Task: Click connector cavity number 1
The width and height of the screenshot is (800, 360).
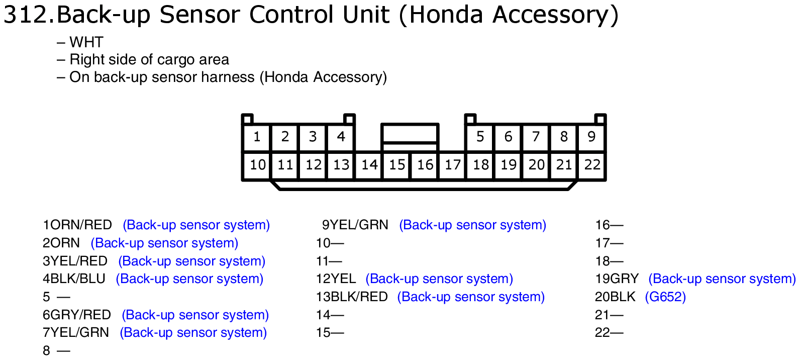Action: (256, 137)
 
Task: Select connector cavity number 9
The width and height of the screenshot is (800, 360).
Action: (591, 137)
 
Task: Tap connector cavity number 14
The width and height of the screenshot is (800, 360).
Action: (369, 165)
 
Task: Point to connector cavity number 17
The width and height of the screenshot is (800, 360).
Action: (452, 165)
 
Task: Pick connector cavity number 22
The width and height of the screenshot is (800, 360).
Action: (592, 165)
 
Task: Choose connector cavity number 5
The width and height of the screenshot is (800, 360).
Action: (480, 137)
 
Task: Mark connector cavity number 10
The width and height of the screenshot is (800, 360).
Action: (257, 165)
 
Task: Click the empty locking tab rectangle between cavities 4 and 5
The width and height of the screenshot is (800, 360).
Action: (410, 133)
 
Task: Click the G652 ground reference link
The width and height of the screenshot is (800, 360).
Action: (665, 297)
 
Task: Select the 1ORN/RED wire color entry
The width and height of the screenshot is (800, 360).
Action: (77, 225)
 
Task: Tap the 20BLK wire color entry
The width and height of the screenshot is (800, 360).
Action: (615, 297)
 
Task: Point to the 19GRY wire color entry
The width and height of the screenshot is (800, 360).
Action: (617, 279)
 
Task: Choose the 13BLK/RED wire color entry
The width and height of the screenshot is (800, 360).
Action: (352, 297)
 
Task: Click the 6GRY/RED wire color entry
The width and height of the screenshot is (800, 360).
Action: (77, 315)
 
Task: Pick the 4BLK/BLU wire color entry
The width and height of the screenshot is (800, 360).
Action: (74, 279)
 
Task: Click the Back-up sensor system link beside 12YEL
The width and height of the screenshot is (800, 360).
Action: (439, 279)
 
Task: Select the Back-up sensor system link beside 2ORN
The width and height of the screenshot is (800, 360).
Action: (164, 243)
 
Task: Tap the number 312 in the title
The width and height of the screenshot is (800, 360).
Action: (25, 15)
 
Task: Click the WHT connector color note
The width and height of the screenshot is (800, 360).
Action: (86, 42)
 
